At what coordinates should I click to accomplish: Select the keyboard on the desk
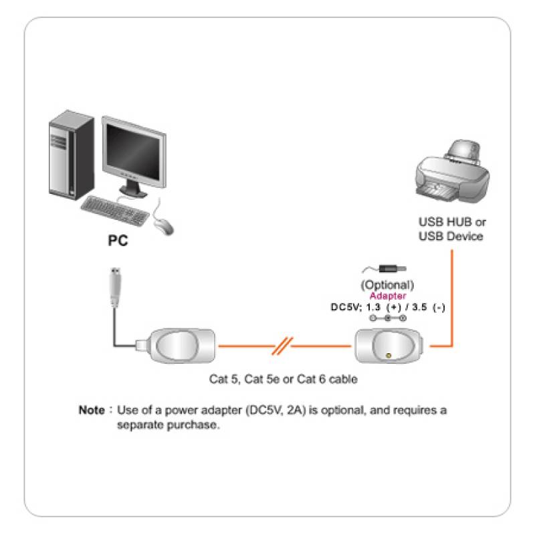click(114, 209)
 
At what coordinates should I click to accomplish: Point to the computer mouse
click(163, 225)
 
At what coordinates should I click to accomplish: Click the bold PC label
click(118, 240)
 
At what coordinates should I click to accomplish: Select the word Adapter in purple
click(388, 295)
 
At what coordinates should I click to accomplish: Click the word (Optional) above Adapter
click(388, 284)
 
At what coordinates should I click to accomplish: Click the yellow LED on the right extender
click(389, 356)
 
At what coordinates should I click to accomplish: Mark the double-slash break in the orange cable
click(283, 347)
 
